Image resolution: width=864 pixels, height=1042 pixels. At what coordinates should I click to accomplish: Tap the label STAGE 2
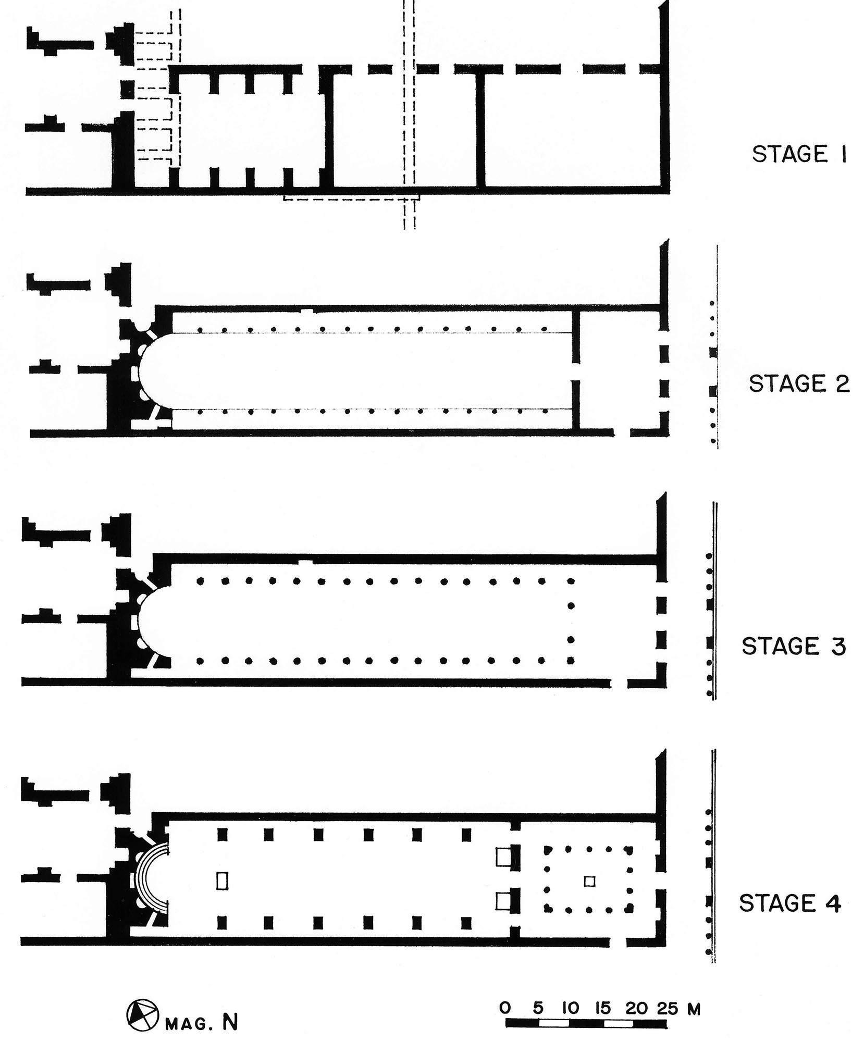pyautogui.click(x=798, y=384)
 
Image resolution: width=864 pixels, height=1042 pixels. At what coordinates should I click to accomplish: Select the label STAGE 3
pyautogui.click(x=793, y=647)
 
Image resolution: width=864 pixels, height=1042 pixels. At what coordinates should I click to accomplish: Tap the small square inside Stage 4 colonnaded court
pyautogui.click(x=589, y=882)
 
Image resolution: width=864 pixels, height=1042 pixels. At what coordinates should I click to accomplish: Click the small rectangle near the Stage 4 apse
pyautogui.click(x=223, y=881)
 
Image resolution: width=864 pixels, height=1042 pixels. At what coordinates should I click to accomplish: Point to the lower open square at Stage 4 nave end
pyautogui.click(x=503, y=901)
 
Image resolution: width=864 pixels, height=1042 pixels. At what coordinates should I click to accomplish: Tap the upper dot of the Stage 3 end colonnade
pyautogui.click(x=571, y=605)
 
